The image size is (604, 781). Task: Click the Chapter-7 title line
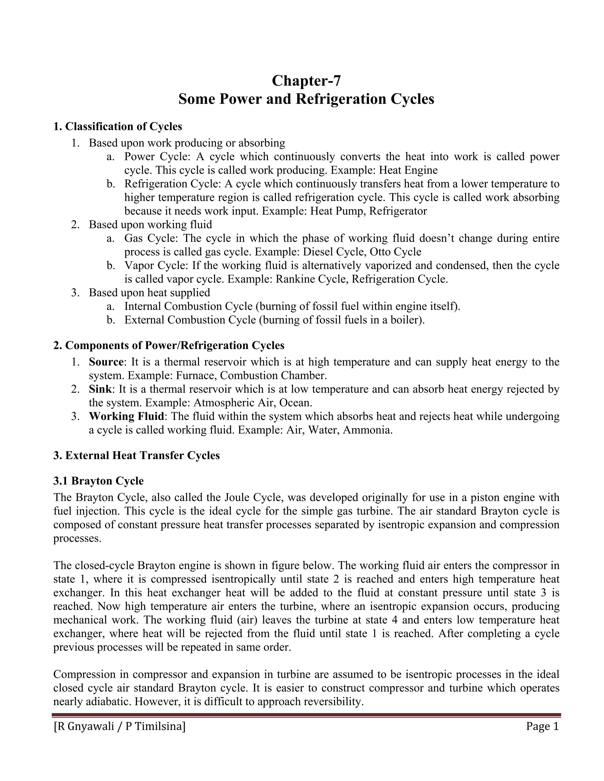pos(306,80)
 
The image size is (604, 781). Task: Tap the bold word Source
pos(106,362)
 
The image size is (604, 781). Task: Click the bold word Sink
pos(101,389)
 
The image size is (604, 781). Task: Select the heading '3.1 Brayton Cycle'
pos(99,481)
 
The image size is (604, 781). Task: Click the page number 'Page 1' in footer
pos(542,726)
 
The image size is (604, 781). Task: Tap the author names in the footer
pos(119,726)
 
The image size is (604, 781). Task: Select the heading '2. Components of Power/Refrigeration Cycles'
pos(169,345)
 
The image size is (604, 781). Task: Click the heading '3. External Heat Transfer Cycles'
pos(136,455)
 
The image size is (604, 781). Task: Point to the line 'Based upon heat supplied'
pos(149,293)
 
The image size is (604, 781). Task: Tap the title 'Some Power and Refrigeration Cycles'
pos(306,99)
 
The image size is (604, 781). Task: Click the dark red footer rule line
pos(306,715)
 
